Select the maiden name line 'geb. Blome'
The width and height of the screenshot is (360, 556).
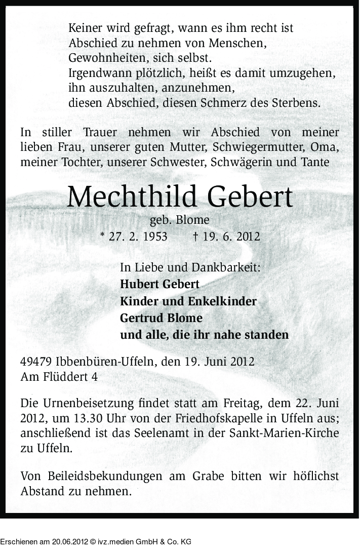click(x=179, y=220)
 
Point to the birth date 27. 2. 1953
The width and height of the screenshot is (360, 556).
click(x=138, y=236)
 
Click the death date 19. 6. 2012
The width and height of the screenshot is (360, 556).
click(x=230, y=236)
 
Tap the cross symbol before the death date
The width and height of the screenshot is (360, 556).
click(x=195, y=236)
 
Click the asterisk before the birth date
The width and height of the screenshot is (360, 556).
click(x=103, y=236)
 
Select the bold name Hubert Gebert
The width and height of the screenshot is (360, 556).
click(x=159, y=284)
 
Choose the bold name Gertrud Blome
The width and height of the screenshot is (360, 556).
click(x=161, y=318)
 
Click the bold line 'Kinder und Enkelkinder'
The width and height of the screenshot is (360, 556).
click(x=188, y=301)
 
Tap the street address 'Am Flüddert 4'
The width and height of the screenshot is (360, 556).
click(x=59, y=377)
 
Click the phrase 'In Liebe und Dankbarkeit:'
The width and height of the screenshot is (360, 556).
click(x=191, y=267)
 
